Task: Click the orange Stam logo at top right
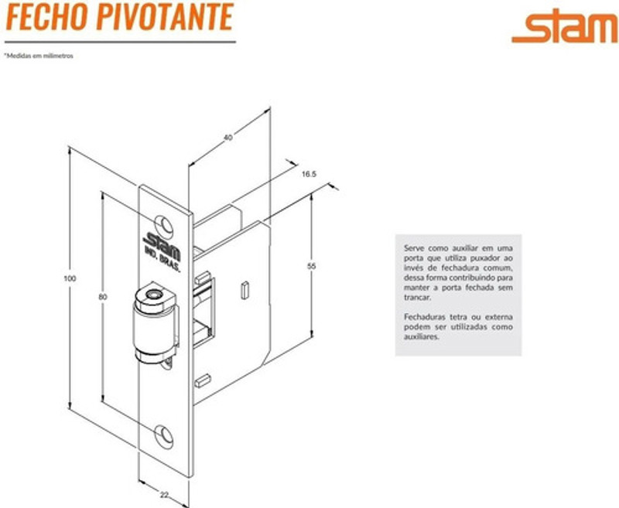tap(564, 29)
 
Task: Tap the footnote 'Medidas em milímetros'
tap(39, 56)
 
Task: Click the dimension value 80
tap(92, 297)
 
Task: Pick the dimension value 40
tap(227, 138)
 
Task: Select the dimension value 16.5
tap(309, 175)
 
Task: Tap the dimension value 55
tap(311, 266)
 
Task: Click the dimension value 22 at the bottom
tap(164, 494)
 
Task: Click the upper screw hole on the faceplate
tap(164, 223)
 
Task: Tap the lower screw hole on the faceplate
tap(164, 436)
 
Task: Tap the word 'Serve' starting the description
tap(415, 247)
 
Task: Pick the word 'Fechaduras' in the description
tap(422, 317)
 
